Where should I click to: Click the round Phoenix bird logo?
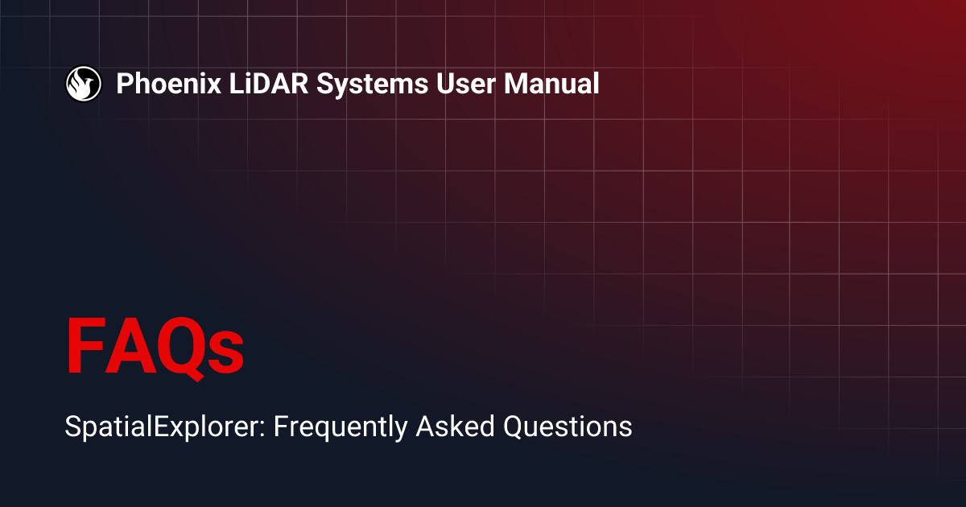point(83,83)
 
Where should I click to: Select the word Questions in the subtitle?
point(568,426)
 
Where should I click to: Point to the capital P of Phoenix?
point(125,84)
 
